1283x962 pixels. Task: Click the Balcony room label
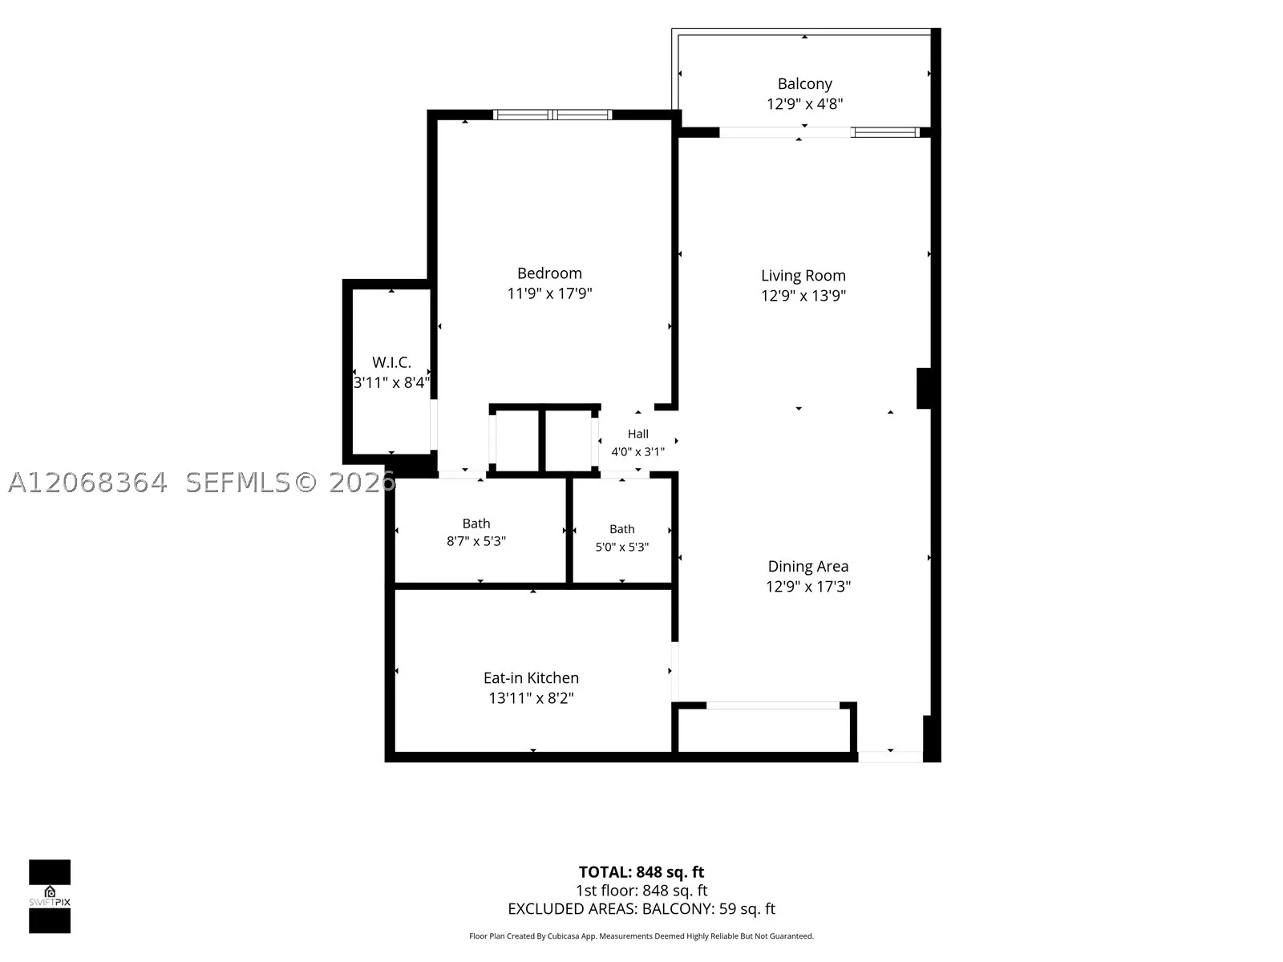[x=804, y=84]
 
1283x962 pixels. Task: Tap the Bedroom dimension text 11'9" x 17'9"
[x=549, y=293]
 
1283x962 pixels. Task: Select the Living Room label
[x=803, y=276]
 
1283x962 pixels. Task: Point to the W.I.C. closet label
[x=391, y=362]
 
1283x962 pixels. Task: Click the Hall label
[x=637, y=434]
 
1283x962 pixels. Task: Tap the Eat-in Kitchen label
[x=531, y=678]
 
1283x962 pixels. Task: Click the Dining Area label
[x=807, y=567]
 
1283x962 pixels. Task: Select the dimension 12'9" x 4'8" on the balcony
[x=804, y=104]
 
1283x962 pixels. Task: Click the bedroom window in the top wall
[x=552, y=115]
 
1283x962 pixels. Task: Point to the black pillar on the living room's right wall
[x=924, y=389]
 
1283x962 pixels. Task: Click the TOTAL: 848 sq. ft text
[x=641, y=872]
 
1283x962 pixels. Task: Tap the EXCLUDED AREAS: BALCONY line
[x=641, y=909]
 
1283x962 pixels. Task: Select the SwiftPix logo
[x=50, y=896]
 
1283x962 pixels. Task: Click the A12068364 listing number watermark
[x=87, y=483]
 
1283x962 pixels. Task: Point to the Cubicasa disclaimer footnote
[x=641, y=936]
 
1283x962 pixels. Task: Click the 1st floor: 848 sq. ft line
[x=641, y=891]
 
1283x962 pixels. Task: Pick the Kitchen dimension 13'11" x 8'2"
[x=531, y=698]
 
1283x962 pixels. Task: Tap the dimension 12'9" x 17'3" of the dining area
[x=807, y=587]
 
